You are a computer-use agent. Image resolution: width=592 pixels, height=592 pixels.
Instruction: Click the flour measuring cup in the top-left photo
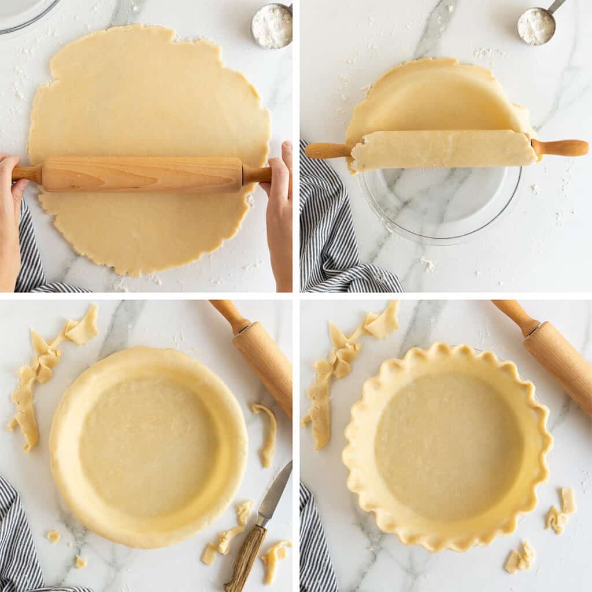coord(272,25)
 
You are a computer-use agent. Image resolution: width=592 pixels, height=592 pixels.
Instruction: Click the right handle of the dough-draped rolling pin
coord(561,147)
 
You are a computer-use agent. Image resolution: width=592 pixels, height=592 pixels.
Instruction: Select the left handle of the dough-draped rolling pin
coord(327,151)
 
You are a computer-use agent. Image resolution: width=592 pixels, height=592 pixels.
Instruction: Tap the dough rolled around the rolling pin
coord(443,149)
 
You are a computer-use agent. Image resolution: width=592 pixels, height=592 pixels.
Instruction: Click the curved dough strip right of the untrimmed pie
coord(267,434)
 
